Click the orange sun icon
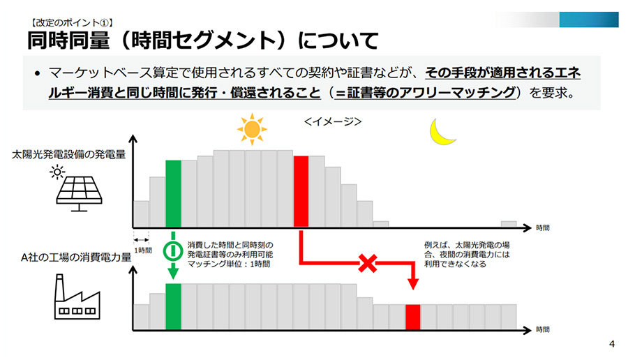coord(252,129)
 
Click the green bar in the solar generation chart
coord(174,194)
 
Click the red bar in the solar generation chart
coord(301,192)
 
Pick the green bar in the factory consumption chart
coord(174,307)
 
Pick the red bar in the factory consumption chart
coord(413,317)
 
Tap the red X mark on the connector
coord(368,263)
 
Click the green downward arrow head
coord(173,273)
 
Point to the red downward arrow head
coord(413,284)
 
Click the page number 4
coord(611,343)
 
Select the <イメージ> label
coord(333,121)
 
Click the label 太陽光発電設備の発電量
coord(68,155)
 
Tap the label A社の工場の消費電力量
coord(76,257)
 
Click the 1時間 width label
coord(143,250)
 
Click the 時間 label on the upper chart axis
coord(543,228)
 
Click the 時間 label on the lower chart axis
coord(543,329)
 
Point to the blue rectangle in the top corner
coord(589,20)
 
